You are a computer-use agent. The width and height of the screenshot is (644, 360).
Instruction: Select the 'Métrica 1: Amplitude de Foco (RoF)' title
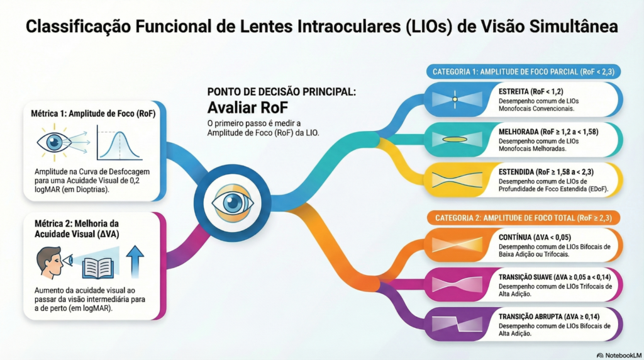tap(93, 114)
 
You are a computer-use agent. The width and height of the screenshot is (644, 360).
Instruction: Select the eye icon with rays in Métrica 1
tap(54, 144)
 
